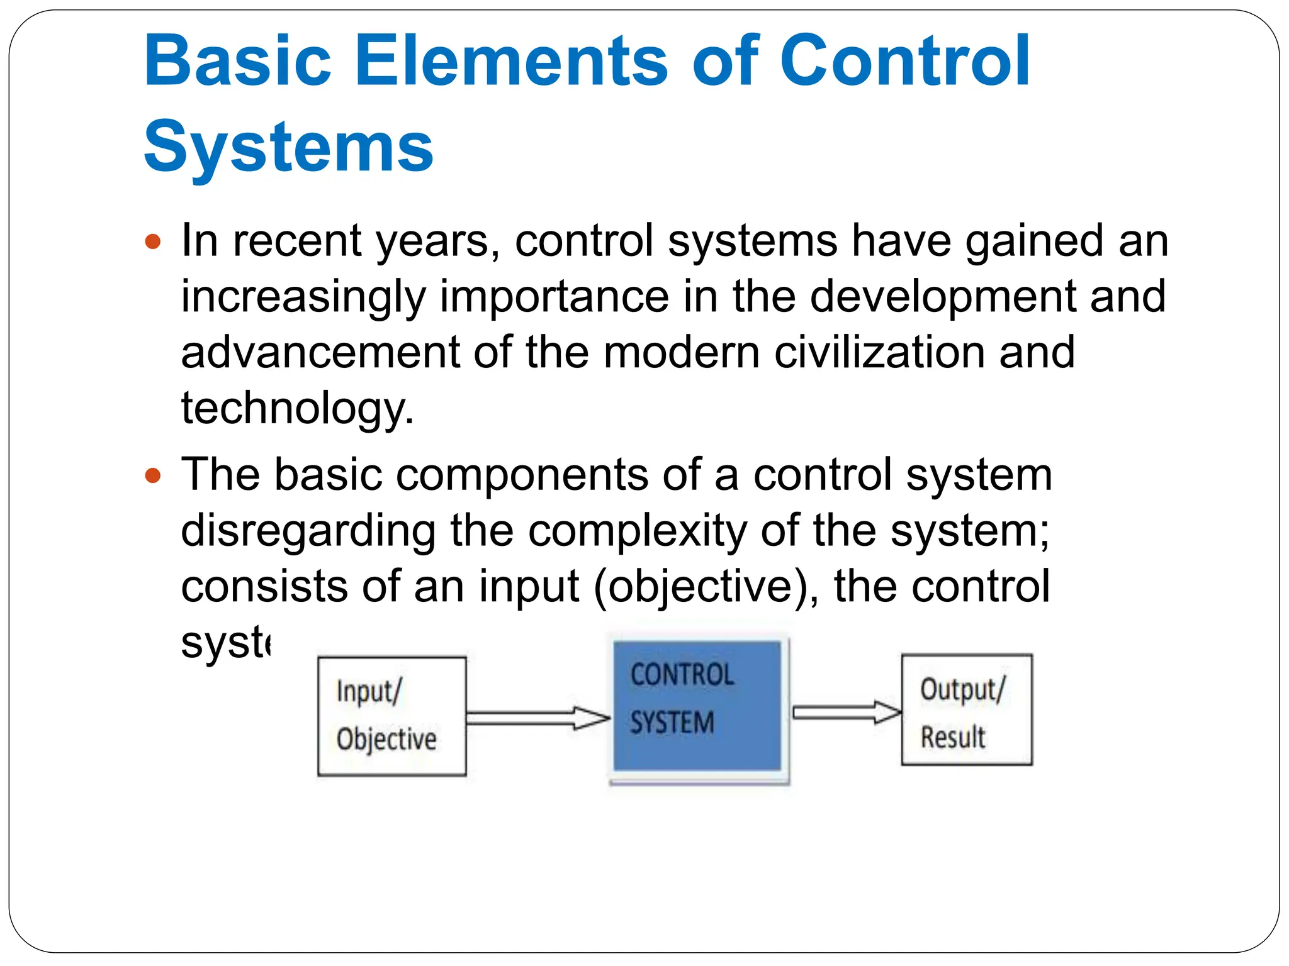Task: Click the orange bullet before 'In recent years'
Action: point(153,241)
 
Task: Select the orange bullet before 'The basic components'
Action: point(153,475)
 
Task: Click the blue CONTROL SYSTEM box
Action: point(697,706)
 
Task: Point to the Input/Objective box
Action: point(391,716)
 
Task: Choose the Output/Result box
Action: point(966,709)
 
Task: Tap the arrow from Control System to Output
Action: point(846,712)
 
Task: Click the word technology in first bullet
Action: point(297,409)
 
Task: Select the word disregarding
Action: point(308,531)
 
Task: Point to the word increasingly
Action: point(303,297)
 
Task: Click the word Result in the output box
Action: point(953,737)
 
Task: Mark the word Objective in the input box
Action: point(386,739)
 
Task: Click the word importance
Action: point(554,297)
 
